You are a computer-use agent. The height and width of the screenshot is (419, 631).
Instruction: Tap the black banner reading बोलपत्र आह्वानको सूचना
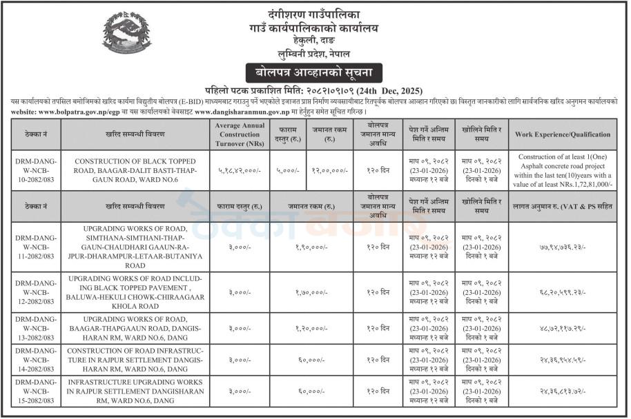314,72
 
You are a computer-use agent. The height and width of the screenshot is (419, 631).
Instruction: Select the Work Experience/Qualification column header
563,134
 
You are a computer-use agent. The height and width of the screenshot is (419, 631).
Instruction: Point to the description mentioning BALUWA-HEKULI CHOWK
135,292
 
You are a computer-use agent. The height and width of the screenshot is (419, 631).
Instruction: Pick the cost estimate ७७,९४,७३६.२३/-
563,247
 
